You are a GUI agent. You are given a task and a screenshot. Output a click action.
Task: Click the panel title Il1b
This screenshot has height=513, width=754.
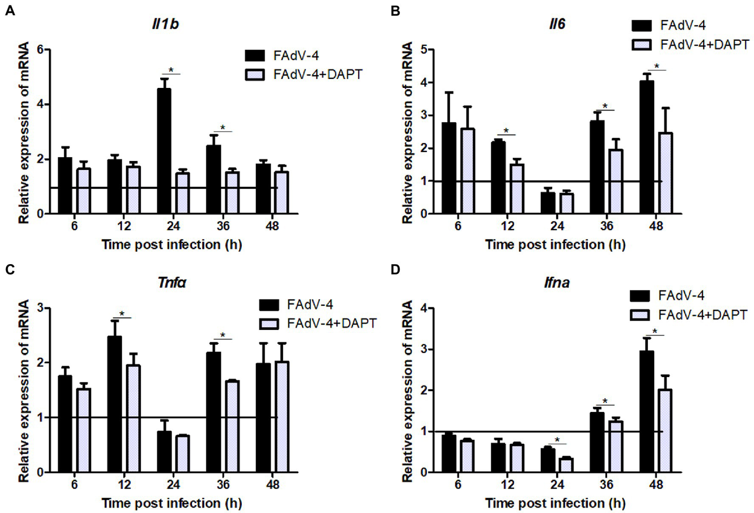point(165,24)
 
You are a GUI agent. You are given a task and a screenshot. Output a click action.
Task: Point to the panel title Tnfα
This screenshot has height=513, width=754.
point(172,283)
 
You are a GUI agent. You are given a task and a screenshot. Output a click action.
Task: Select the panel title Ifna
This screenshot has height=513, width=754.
point(557,283)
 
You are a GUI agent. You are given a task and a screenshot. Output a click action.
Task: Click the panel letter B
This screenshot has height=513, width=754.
point(395,11)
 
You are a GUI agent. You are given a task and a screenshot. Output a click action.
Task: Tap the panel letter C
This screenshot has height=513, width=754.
point(10,270)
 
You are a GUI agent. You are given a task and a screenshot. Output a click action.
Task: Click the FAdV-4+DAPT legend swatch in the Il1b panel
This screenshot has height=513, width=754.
point(255,75)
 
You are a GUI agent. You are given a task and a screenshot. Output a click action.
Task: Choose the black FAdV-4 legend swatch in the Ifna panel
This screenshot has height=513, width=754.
point(640,296)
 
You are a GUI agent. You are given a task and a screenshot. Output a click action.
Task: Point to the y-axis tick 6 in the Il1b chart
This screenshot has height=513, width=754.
point(41,50)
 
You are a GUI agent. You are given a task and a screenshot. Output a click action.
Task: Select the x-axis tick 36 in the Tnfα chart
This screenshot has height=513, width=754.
point(223,485)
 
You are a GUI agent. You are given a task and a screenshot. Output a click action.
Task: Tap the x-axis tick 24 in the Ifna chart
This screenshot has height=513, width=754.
point(557,485)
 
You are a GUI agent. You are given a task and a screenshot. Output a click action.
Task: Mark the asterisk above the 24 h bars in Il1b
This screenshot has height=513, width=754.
point(171,70)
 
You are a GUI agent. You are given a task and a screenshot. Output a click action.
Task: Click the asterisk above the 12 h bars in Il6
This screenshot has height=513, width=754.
point(506,131)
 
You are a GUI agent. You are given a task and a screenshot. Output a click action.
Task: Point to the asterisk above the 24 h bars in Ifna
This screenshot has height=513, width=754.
point(557,440)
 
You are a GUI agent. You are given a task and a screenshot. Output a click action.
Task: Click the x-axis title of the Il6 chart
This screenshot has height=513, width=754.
point(555,244)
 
